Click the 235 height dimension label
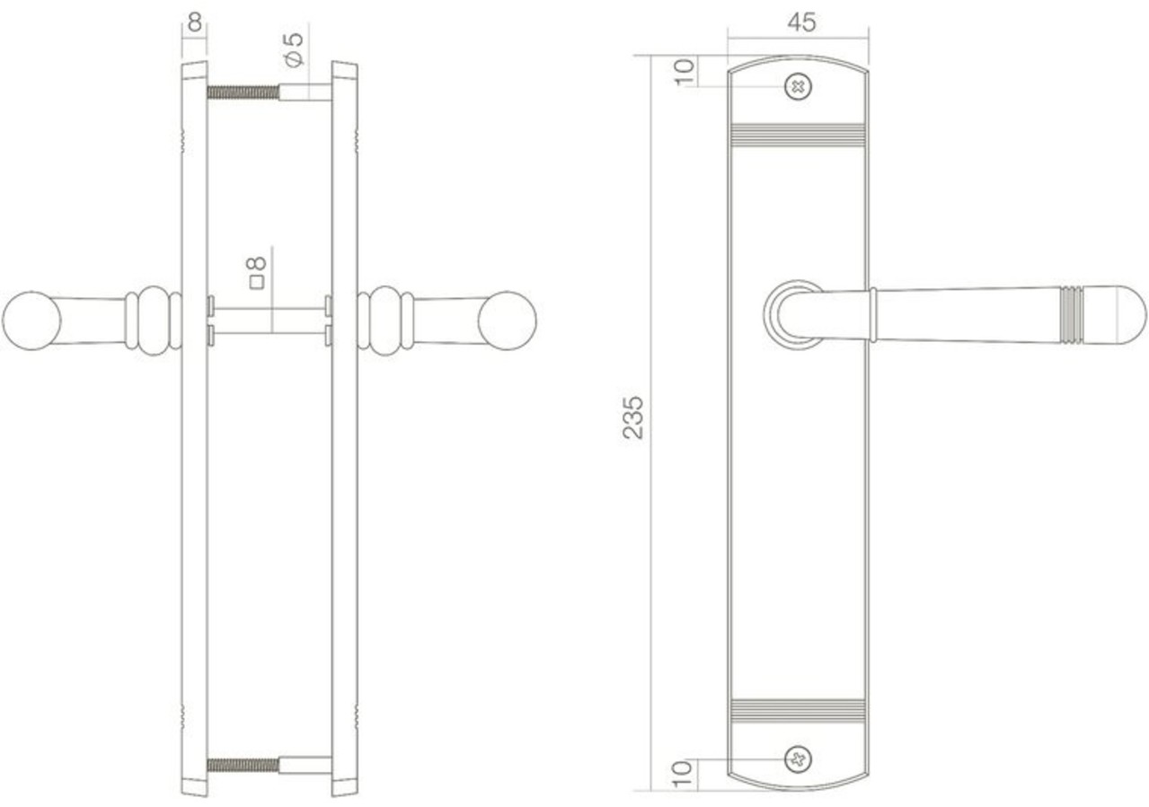pos(633,417)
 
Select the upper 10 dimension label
pos(685,71)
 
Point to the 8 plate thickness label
pos(194,22)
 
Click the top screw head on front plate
pos(797,87)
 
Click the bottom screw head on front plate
pos(797,759)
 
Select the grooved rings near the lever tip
pos(1072,315)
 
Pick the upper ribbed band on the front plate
pos(798,135)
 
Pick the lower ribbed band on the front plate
pos(798,710)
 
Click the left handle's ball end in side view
pos(31,320)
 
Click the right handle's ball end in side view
pos(508,320)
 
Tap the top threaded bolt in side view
pos(243,92)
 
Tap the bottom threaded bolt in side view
pos(243,766)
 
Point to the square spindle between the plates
pos(269,321)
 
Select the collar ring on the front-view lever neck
pos(872,315)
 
